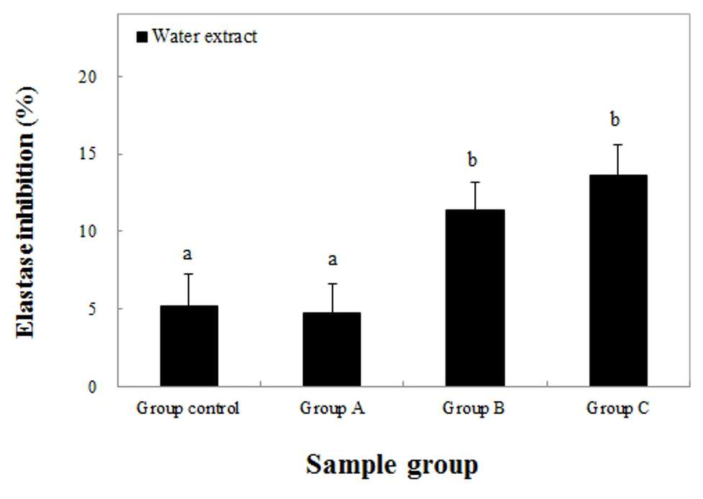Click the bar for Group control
coord(189,346)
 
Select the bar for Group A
coord(332,349)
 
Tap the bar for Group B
coord(475,297)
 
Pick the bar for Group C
coord(618,281)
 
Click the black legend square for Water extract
coord(142,37)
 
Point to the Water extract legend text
coord(204,36)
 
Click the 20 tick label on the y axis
coord(88,77)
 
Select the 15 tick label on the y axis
coord(88,154)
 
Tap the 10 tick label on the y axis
coord(88,231)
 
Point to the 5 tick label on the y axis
coord(92,309)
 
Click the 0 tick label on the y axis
coord(92,387)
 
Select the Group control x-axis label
coord(188,409)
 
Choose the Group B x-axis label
coord(473,409)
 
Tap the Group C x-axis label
coord(618,409)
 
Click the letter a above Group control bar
coord(187,254)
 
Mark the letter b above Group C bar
coord(615,120)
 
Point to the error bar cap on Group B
coord(475,182)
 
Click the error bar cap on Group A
coord(332,284)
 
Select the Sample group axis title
coord(392,465)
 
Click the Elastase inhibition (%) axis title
coord(26,212)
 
